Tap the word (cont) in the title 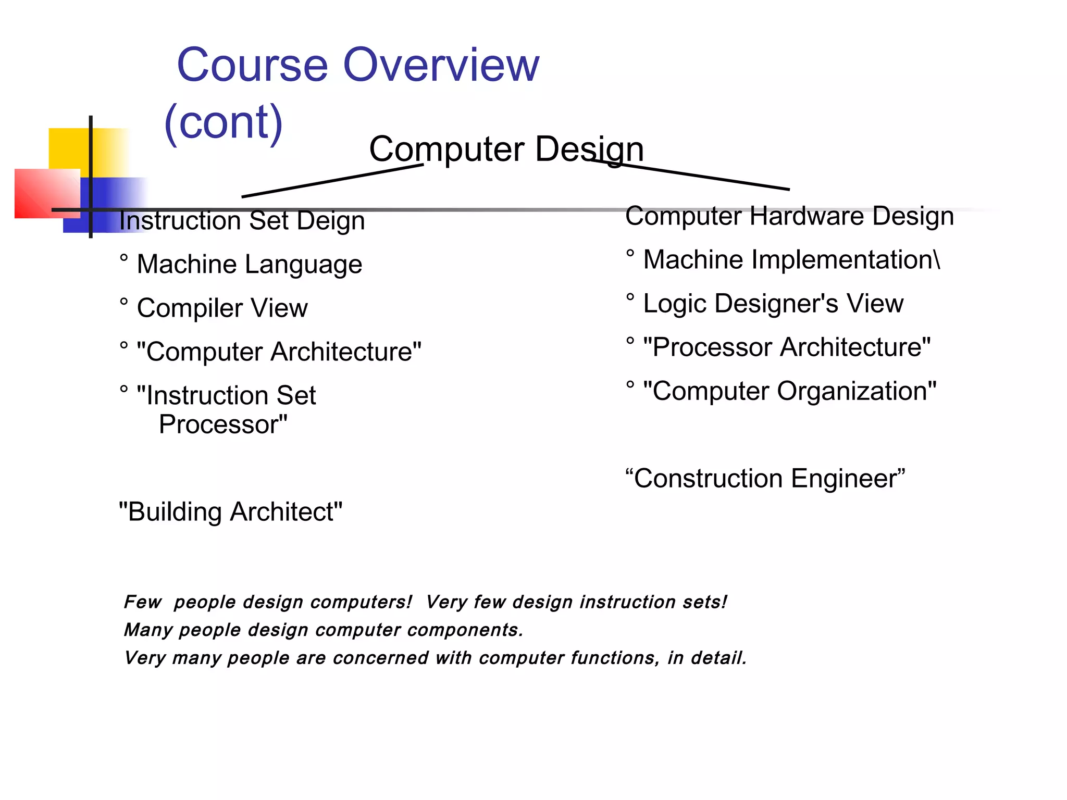(224, 122)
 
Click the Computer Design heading (506, 149)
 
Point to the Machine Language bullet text (249, 264)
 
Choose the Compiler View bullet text (222, 308)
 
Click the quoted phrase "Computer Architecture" (279, 352)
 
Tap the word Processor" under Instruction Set (223, 424)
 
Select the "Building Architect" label (230, 512)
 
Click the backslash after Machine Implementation (937, 260)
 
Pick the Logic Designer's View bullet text (773, 304)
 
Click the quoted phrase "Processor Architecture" (787, 347)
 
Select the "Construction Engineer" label (765, 479)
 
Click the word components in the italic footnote (464, 630)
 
